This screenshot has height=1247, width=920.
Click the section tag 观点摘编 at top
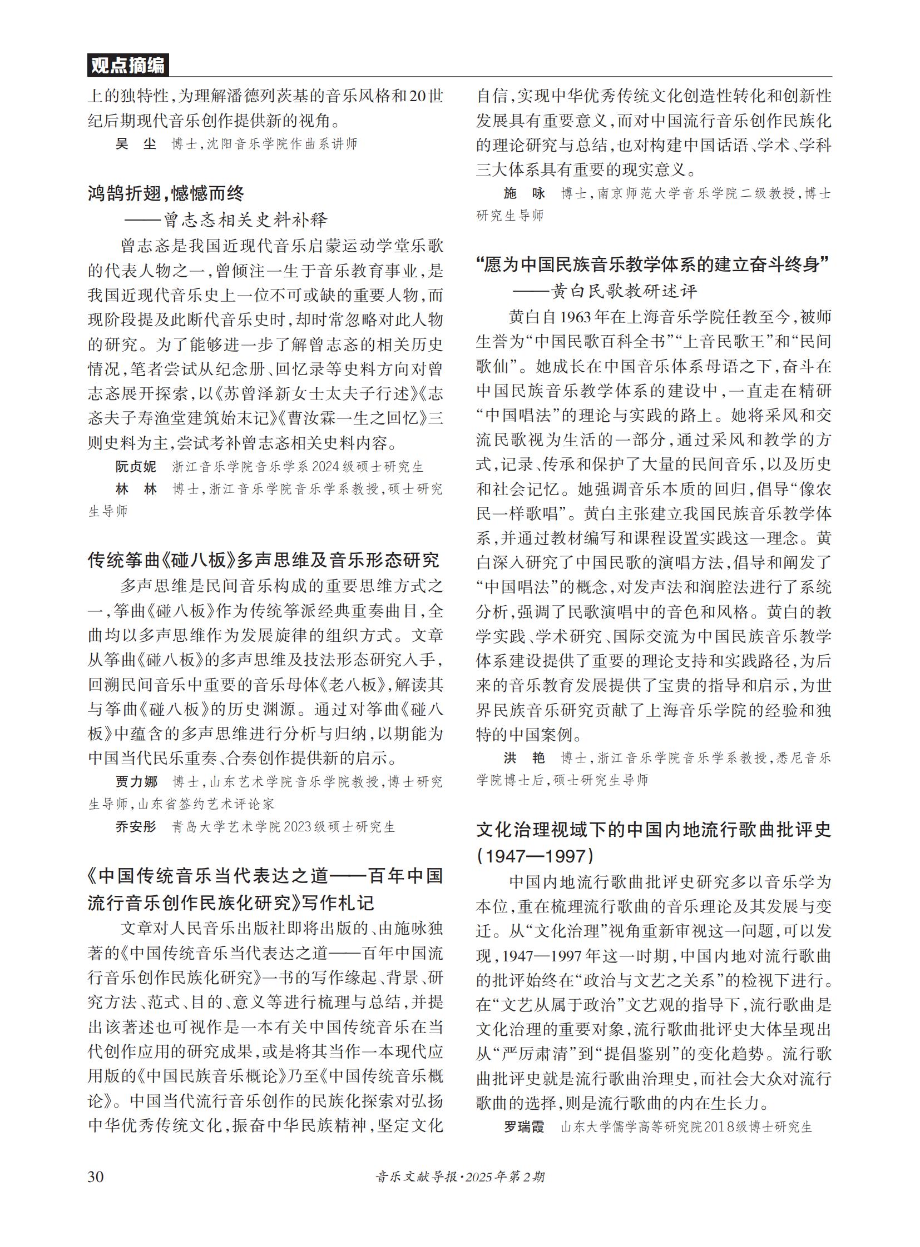127,66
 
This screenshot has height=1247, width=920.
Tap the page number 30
95,1176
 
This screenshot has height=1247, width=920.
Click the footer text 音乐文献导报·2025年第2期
460,1176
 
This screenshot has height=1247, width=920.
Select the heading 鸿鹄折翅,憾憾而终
166,193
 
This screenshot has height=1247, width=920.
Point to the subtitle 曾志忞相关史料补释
245,220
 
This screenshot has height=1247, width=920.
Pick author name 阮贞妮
136,466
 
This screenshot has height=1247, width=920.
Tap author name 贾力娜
136,782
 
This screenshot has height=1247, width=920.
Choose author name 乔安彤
136,827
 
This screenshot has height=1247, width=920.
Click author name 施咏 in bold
524,193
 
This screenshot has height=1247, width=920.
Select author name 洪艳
524,757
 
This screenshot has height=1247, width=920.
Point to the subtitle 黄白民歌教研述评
624,291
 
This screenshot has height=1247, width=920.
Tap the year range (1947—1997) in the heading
535,856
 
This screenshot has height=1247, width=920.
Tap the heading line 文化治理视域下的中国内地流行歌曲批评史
654,830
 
